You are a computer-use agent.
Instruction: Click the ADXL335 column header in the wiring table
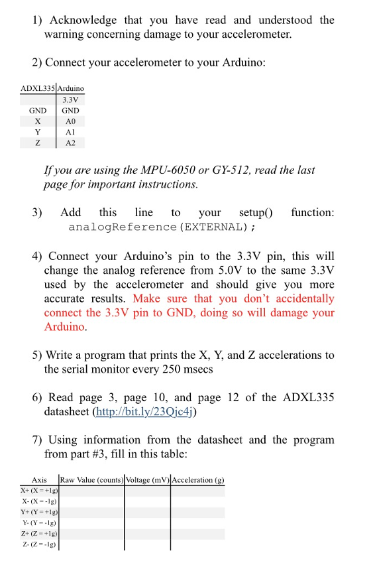click(38, 88)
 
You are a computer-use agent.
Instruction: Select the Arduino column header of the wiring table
click(71, 88)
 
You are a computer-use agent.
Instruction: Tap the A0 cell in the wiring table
click(71, 121)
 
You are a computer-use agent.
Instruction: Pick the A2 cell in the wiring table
click(71, 143)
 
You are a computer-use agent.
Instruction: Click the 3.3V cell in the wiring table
click(71, 100)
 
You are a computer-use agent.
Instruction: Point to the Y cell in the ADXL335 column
click(38, 132)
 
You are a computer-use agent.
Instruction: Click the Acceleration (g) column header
click(198, 479)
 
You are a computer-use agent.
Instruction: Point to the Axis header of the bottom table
click(39, 479)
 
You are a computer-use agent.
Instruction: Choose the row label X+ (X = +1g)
click(39, 491)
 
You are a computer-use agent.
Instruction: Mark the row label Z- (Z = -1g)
click(39, 544)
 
